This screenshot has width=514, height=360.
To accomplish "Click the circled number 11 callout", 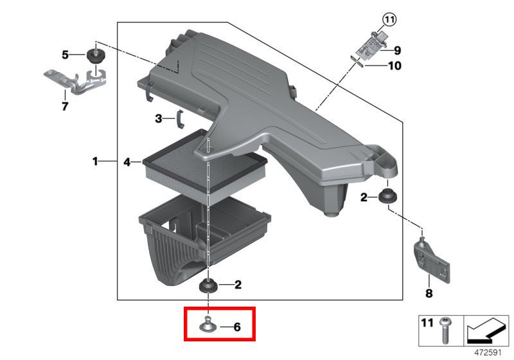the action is coord(389,20).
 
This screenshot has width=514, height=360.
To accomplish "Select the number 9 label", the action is coord(397,51).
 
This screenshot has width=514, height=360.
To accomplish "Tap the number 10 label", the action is coord(394,66).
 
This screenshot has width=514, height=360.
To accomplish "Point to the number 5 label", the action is coord(66,55).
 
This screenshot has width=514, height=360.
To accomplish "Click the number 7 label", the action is coord(65,106).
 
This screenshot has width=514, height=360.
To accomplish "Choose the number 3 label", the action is coord(159,118).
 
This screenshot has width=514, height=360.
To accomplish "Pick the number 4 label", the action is coord(127,161).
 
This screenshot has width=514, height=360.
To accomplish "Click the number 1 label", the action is coord(95,161).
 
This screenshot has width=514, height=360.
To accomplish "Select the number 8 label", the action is coord(429,293).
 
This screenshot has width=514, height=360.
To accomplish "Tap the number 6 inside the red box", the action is coord(236,327).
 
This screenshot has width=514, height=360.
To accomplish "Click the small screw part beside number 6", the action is coord(208,324).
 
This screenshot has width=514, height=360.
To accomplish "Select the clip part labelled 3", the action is coord(180,120).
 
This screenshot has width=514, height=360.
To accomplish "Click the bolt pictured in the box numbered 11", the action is coord(445,330).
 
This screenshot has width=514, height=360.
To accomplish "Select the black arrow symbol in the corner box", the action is coord(486,330).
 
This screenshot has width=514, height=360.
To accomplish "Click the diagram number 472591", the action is coord(488,352).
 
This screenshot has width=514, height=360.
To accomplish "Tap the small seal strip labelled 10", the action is coord(357,61).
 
